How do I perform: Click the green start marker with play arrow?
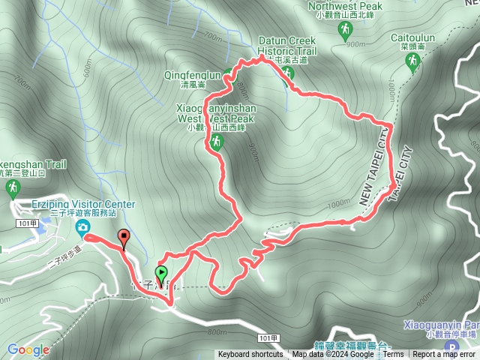[160, 273]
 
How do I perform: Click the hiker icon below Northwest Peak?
[345, 30]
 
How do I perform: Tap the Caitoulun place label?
[413, 37]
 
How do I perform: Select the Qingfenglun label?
[193, 75]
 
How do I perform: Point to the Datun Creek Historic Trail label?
[287, 46]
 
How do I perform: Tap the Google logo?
[28, 349]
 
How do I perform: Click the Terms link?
[393, 355]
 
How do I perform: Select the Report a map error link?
[444, 355]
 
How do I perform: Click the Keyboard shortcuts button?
[250, 355]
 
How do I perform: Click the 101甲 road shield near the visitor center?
[27, 223]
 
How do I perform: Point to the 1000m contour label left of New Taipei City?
[339, 203]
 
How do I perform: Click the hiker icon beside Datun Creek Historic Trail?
[288, 73]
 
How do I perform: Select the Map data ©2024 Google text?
[333, 355]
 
